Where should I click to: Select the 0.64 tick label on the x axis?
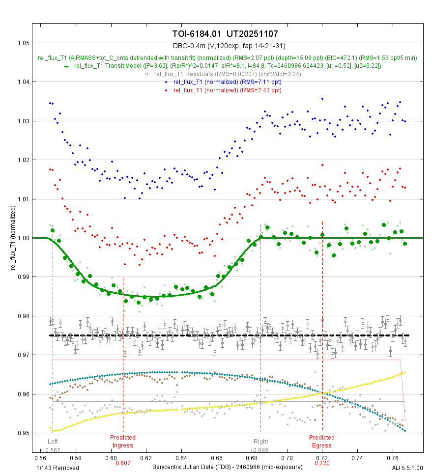click(181, 458)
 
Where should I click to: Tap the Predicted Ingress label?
click(123, 441)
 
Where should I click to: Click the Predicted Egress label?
click(322, 441)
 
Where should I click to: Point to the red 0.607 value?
click(123, 463)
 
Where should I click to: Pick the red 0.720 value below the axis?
click(322, 463)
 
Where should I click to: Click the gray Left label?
click(53, 442)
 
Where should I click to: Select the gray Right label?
click(260, 442)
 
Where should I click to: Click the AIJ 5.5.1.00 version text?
click(407, 467)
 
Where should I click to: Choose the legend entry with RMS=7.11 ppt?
click(227, 82)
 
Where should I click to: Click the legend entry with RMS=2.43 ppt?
click(227, 90)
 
